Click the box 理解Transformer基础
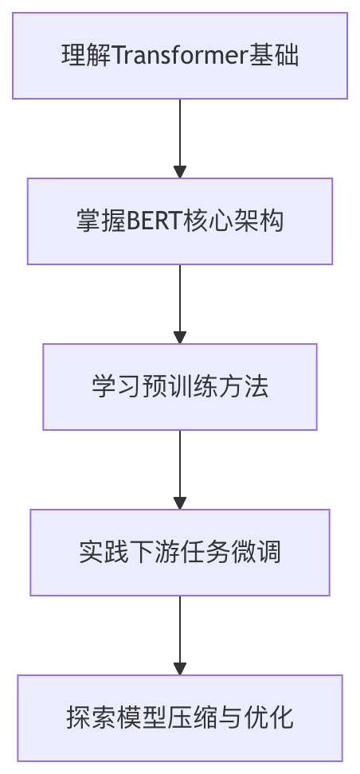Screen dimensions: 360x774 pos(180,56)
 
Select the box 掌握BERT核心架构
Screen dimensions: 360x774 pos(180,221)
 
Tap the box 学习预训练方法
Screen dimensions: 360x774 pos(180,387)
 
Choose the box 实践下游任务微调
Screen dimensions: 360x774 pos(180,553)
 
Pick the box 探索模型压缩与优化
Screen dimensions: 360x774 pos(180,718)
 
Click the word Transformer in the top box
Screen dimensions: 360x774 pos(180,56)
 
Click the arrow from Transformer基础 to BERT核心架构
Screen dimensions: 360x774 pos(180,139)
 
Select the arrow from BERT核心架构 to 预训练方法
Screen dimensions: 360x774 pos(180,304)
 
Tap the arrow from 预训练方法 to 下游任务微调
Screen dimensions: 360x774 pos(180,470)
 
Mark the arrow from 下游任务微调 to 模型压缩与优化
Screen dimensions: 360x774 pos(180,635)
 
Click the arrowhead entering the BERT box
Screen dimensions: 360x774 pos(180,172)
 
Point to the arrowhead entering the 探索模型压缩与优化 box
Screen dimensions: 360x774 pos(180,669)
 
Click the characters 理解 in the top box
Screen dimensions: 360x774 pos(87,56)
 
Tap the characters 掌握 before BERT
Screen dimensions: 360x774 pos(101,221)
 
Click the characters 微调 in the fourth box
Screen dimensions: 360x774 pos(256,553)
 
